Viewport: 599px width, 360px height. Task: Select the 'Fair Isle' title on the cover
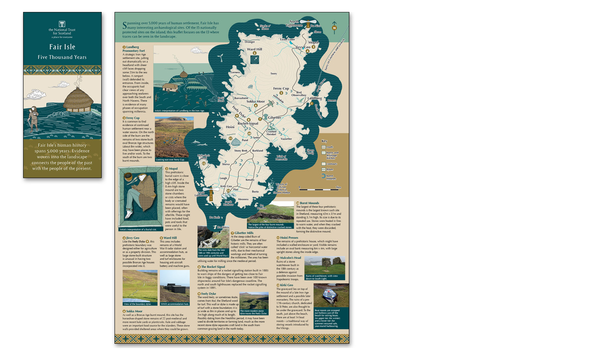click(x=62, y=47)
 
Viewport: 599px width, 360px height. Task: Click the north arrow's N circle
click(x=334, y=28)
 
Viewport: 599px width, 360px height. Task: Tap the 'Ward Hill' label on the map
click(x=254, y=49)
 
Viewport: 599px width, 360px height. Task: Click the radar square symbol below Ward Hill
click(x=255, y=60)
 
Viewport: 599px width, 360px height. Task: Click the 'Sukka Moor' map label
click(x=255, y=102)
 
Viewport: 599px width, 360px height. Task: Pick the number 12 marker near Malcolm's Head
click(x=204, y=163)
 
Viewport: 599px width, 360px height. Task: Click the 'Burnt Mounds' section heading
click(x=312, y=203)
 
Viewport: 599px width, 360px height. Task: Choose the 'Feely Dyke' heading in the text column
click(x=208, y=293)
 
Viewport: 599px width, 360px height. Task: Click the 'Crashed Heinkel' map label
click(x=271, y=133)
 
